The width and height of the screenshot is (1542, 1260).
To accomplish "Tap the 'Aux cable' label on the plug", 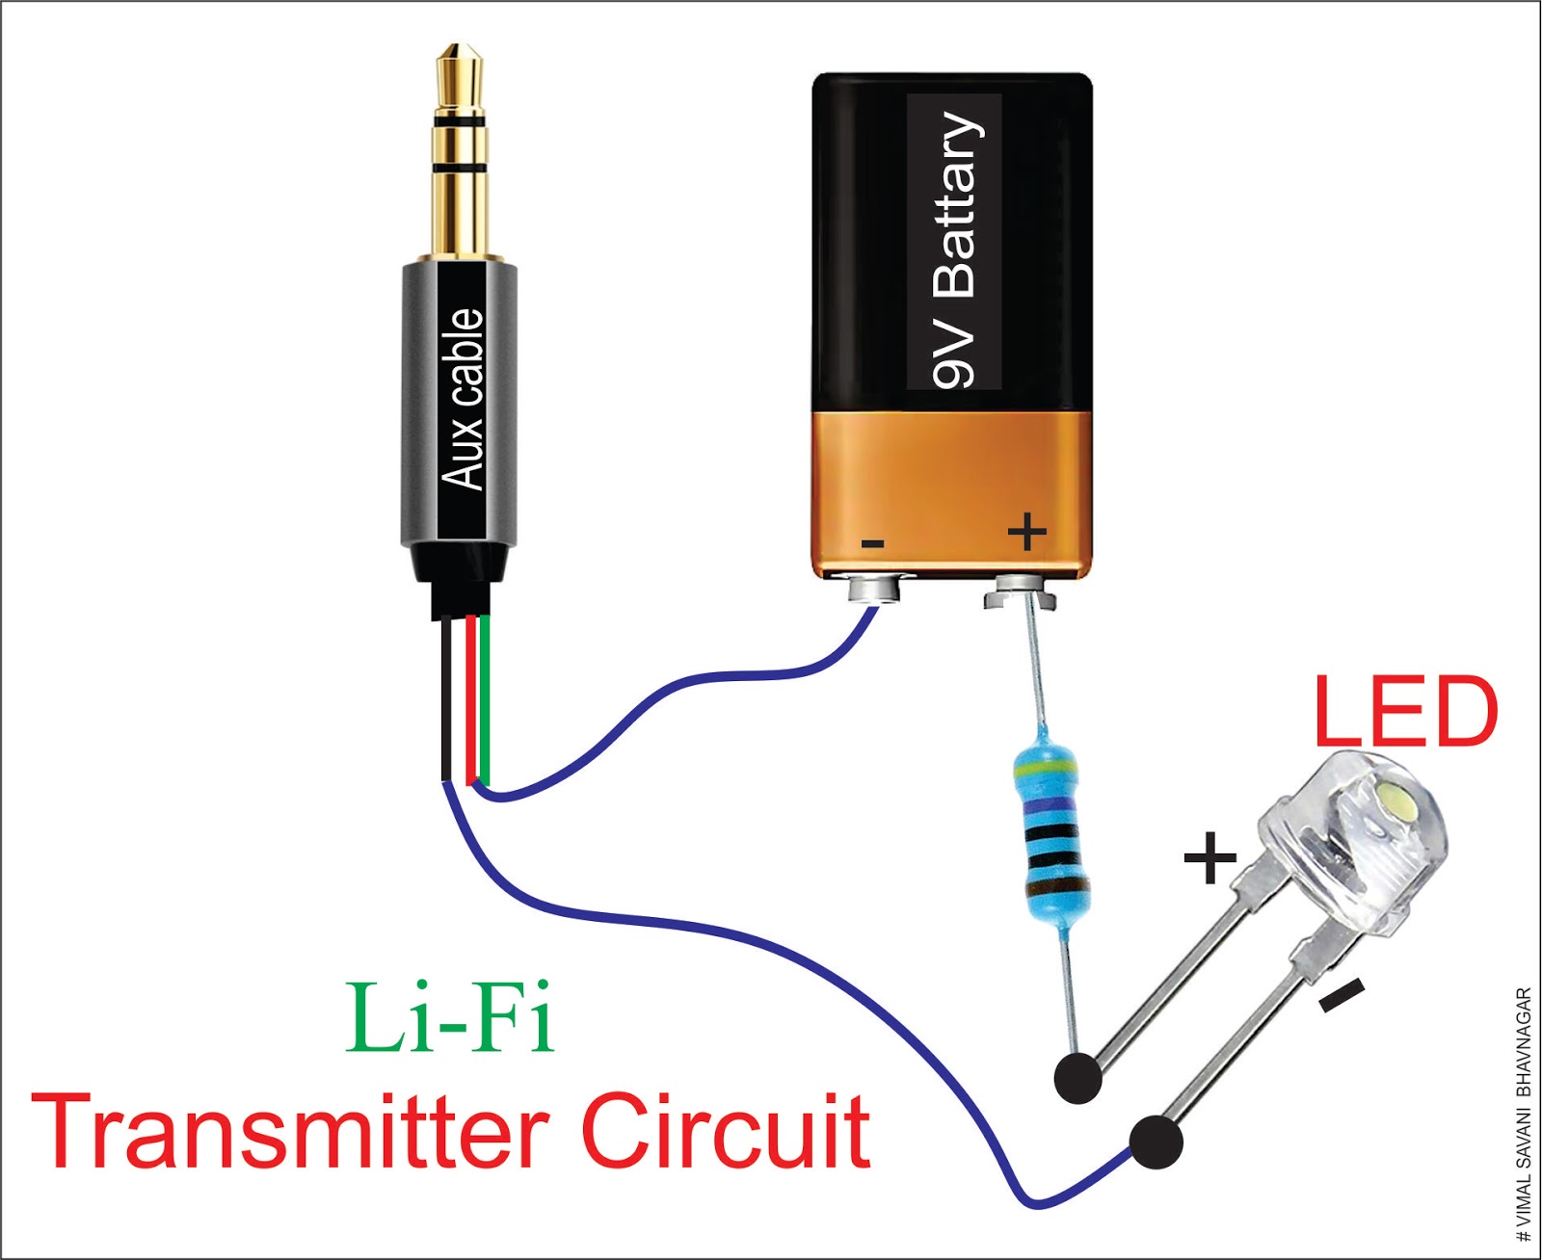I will pyautogui.click(x=463, y=400).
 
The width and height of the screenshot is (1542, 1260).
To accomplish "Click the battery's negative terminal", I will pyautogui.click(x=875, y=589).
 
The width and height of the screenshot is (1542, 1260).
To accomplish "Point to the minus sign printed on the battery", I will pyautogui.click(x=872, y=544).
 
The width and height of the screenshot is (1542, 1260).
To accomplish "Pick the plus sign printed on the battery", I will pyautogui.click(x=1027, y=531).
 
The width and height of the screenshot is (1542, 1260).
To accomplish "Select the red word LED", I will pyautogui.click(x=1405, y=712).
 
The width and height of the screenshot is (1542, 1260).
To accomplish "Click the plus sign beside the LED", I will pyautogui.click(x=1210, y=857).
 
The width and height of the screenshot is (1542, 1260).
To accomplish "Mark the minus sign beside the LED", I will pyautogui.click(x=1342, y=995).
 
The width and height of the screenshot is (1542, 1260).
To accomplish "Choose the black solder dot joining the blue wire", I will pyautogui.click(x=1156, y=1142).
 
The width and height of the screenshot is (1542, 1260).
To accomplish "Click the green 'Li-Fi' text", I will pyautogui.click(x=451, y=1018).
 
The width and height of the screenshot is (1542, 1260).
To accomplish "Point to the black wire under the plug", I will pyautogui.click(x=445, y=698).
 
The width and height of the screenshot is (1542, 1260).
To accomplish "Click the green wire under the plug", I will pyautogui.click(x=486, y=698).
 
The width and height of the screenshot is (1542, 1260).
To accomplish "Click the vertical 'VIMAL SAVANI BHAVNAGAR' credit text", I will pyautogui.click(x=1523, y=1113).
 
